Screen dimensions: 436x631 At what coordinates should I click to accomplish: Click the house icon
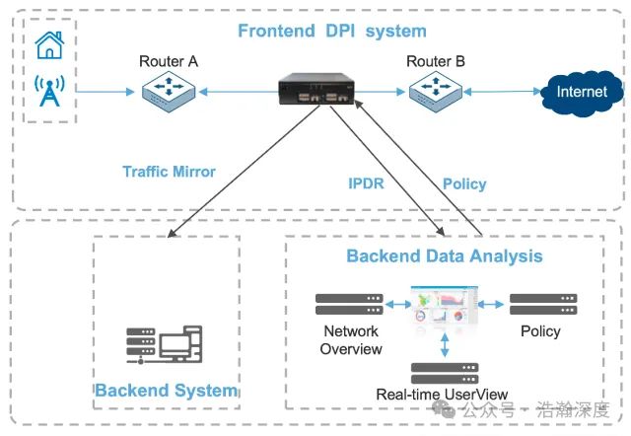tap(48, 44)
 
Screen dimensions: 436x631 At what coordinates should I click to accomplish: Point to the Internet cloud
tap(582, 94)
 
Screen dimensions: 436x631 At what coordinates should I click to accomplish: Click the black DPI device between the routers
tap(315, 91)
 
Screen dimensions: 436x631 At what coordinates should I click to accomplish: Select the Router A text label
tap(169, 62)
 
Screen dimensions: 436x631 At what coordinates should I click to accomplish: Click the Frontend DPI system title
tap(332, 32)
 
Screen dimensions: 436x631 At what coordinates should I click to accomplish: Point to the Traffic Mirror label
tap(169, 172)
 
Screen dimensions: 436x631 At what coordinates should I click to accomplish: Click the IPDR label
tap(366, 183)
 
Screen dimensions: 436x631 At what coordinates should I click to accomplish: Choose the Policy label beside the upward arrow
tap(464, 183)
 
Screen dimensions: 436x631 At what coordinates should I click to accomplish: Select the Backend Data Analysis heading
tap(444, 256)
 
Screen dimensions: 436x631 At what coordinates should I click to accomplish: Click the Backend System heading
tap(166, 391)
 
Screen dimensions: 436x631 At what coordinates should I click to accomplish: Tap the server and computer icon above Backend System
tap(164, 344)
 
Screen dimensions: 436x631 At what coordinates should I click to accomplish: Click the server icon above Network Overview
tap(350, 302)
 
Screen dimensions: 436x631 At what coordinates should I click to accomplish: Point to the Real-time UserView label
tap(443, 395)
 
